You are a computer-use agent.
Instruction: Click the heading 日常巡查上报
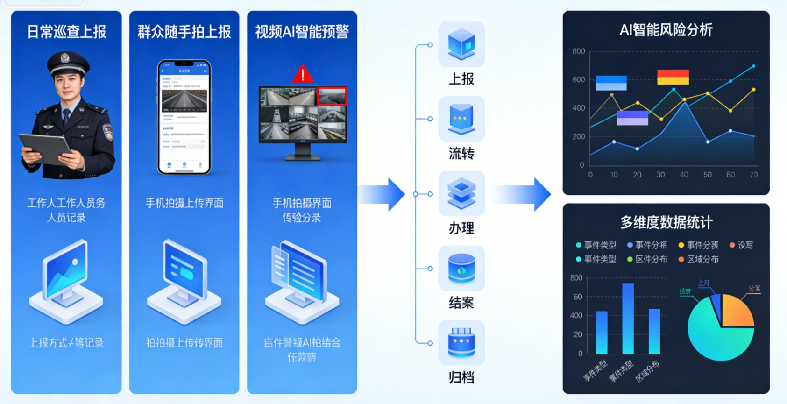pyautogui.click(x=66, y=32)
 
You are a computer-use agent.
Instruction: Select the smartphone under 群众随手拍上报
pyautogui.click(x=184, y=117)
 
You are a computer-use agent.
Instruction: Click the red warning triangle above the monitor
pyautogui.click(x=303, y=74)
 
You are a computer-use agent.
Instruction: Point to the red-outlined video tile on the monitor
pyautogui.click(x=332, y=96)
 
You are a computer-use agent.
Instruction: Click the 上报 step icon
pyautogui.click(x=461, y=44)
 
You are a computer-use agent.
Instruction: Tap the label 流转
pyautogui.click(x=461, y=153)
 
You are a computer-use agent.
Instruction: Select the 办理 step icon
pyautogui.click(x=461, y=193)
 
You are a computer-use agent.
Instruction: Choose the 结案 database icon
pyautogui.click(x=461, y=268)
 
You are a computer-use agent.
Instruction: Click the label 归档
pyautogui.click(x=461, y=377)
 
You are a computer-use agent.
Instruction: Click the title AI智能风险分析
pyautogui.click(x=666, y=30)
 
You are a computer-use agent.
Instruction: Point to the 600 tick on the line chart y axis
pyautogui.click(x=579, y=79)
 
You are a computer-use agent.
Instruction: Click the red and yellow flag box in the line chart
pyautogui.click(x=673, y=77)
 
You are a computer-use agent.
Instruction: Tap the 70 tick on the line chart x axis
pyautogui.click(x=753, y=175)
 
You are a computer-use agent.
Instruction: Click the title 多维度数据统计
pyautogui.click(x=666, y=222)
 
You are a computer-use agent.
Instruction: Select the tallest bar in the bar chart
pyautogui.click(x=628, y=318)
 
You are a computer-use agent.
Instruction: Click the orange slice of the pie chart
pyautogui.click(x=737, y=311)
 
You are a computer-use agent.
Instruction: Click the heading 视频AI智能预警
pyautogui.click(x=302, y=32)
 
